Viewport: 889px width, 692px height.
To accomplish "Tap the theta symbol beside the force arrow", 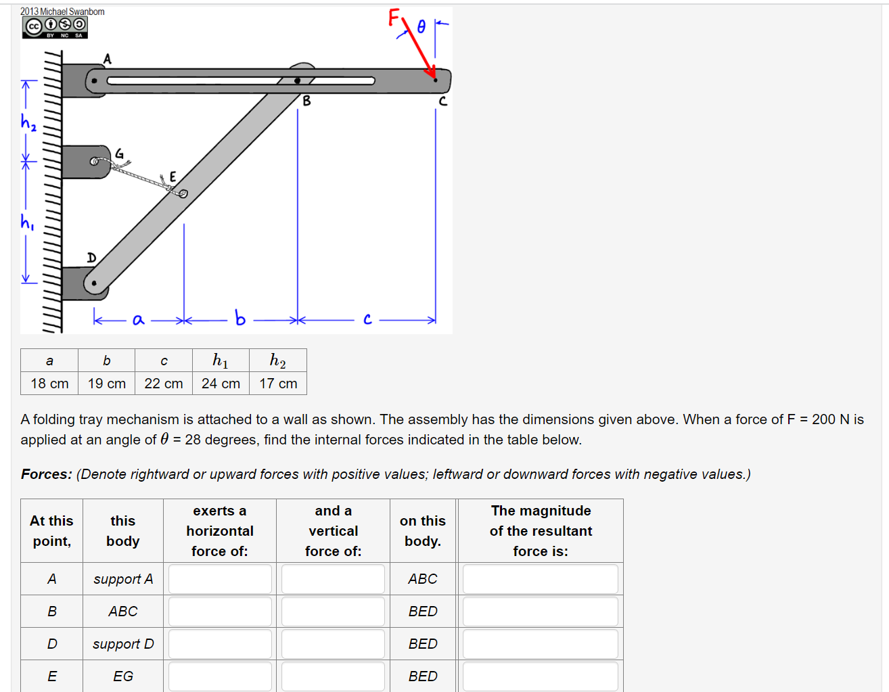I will tap(421, 26).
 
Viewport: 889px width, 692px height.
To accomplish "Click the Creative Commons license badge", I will tap(55, 27).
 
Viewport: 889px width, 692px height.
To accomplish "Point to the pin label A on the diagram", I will tap(107, 60).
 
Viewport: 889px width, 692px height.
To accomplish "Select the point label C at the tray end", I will tap(443, 101).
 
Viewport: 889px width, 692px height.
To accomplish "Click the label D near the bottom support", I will tap(91, 258).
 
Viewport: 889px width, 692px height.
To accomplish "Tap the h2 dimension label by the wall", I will tap(28, 122).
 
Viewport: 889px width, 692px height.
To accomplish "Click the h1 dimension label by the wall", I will tap(27, 222).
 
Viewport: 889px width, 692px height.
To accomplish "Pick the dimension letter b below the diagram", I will tap(240, 318).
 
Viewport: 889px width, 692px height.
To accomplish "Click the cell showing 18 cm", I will tap(49, 384).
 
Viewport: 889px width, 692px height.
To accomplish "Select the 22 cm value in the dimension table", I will tap(164, 384).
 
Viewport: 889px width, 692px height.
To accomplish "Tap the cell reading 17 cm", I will tap(278, 384).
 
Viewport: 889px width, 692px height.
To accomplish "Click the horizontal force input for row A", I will tap(220, 579).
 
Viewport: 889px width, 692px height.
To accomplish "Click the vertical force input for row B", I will tap(333, 612).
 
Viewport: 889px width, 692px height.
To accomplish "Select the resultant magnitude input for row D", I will tap(540, 644).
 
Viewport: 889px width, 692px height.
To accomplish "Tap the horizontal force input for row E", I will tap(220, 676).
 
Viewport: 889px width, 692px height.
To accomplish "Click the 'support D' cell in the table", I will tap(123, 644).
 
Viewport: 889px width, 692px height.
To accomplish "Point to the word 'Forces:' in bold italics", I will tap(47, 474).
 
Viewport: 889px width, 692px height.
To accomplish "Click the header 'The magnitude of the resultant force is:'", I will tap(541, 531).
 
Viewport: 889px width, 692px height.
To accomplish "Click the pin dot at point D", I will tap(94, 283).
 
